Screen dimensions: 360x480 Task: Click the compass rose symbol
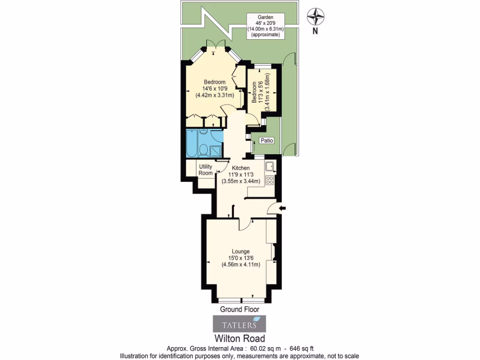(315, 17)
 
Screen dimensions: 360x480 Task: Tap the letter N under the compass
(315, 32)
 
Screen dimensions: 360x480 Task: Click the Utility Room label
(206, 170)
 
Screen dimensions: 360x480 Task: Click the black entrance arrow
(283, 208)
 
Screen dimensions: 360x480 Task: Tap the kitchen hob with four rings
(270, 180)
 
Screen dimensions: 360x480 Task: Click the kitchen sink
(270, 166)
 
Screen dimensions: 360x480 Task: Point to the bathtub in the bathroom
(192, 142)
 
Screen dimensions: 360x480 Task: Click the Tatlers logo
(240, 324)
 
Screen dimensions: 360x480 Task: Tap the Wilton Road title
(240, 338)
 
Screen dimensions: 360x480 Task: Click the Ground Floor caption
(240, 309)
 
